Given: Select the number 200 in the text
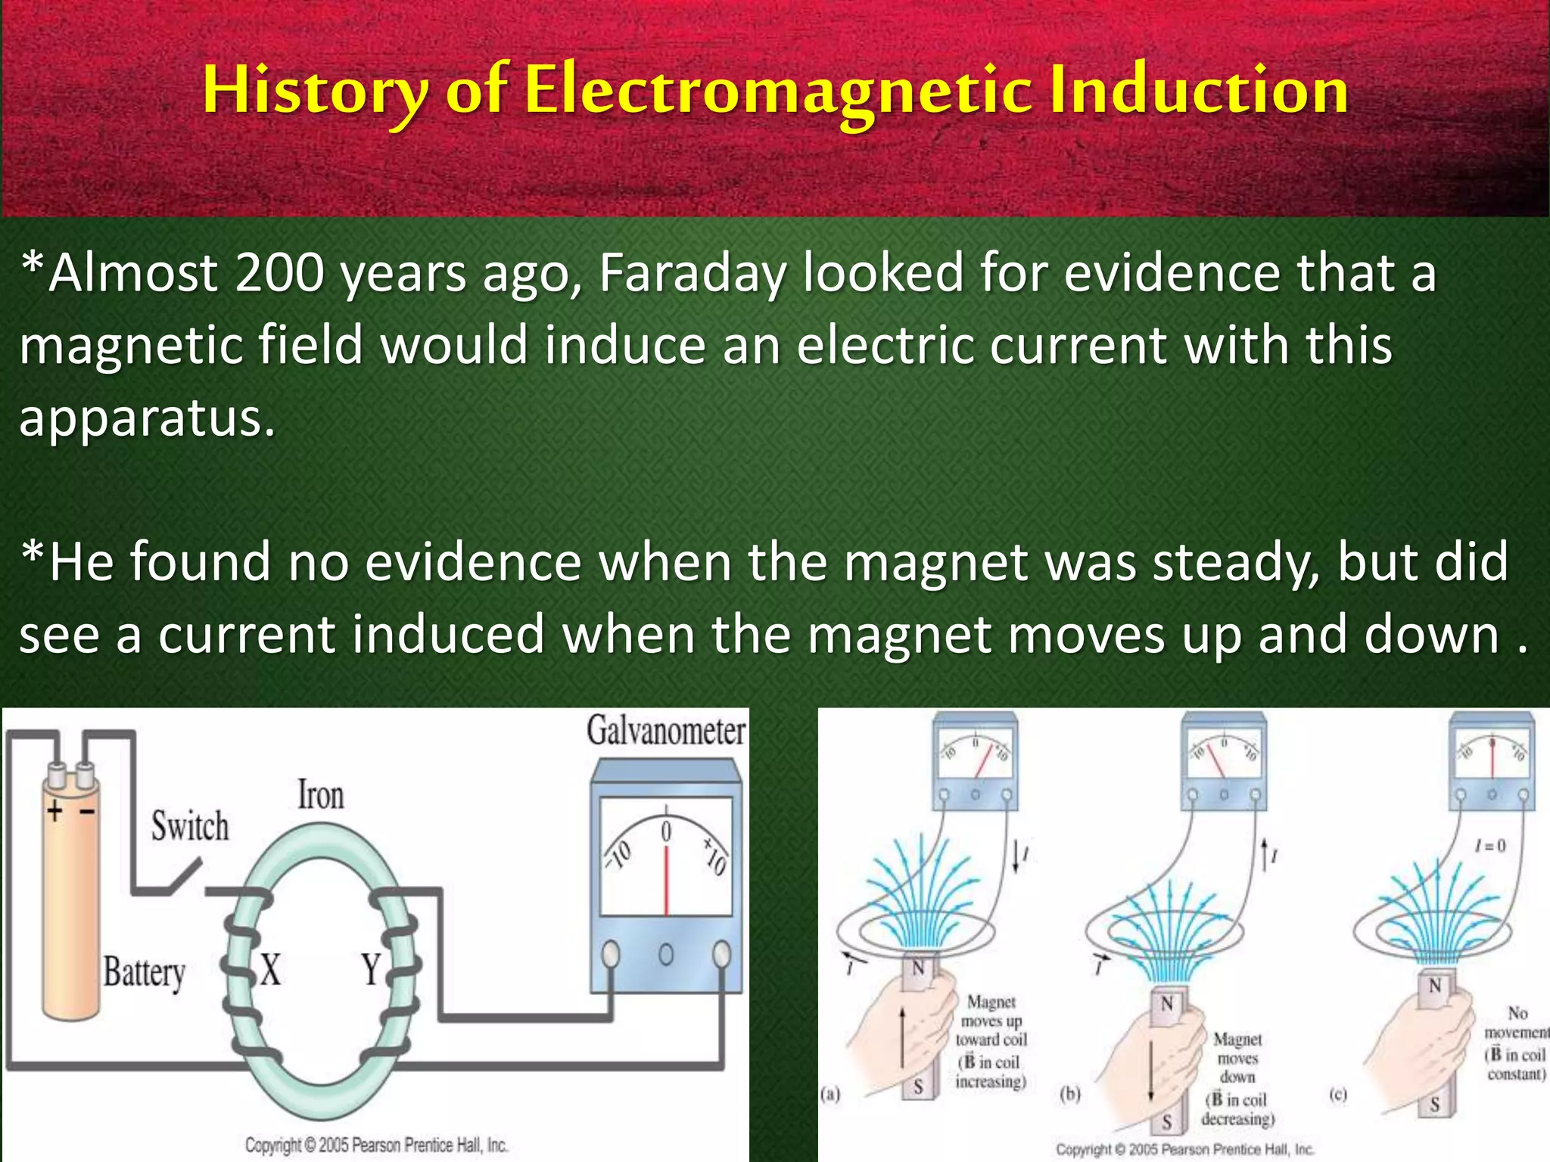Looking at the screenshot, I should coord(279,274).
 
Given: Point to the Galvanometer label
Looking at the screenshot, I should coord(665,731).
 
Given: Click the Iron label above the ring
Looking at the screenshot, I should coord(320,796).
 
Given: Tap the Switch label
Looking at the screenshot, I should coord(189,826).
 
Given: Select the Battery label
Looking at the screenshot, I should coord(144,974).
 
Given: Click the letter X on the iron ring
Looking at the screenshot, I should coord(270,970).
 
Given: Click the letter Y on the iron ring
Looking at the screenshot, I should coord(370,969).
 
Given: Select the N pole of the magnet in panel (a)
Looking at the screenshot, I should coord(918,968).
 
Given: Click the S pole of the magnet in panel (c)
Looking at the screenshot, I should coord(1435,1105).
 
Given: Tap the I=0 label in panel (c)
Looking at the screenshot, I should coord(1490,846).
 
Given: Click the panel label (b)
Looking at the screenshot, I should coord(1070,1095).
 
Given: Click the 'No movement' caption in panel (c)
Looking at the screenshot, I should coord(1516,1023).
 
